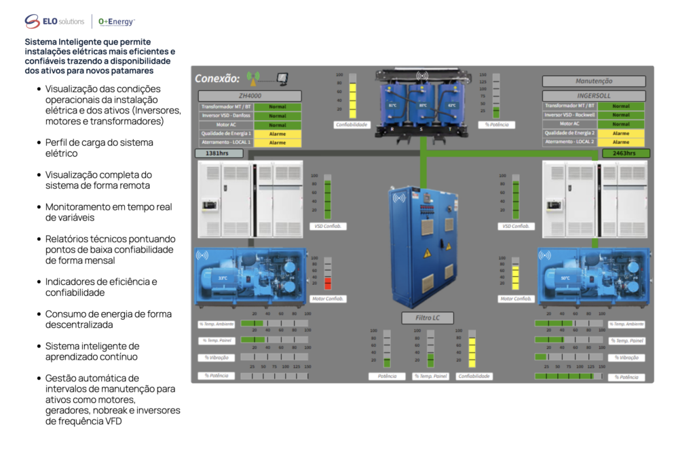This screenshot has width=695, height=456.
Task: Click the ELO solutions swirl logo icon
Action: (x=33, y=22)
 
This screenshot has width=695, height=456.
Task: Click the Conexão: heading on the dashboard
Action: (x=217, y=78)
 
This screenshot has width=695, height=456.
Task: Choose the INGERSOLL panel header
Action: (x=594, y=96)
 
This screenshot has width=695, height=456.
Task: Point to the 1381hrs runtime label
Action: (x=217, y=153)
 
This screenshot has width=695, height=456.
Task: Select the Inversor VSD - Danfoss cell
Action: (x=226, y=115)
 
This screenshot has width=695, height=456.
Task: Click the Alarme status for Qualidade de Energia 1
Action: (x=278, y=134)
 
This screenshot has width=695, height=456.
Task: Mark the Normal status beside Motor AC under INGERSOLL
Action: (x=620, y=124)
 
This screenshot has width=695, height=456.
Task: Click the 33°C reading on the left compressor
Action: (x=223, y=278)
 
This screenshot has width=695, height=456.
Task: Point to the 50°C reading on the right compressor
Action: (x=565, y=278)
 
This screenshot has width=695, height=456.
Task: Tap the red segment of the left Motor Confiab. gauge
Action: (x=327, y=284)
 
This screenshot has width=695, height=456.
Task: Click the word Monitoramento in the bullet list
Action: (x=79, y=207)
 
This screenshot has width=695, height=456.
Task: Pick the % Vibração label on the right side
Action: (x=626, y=358)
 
